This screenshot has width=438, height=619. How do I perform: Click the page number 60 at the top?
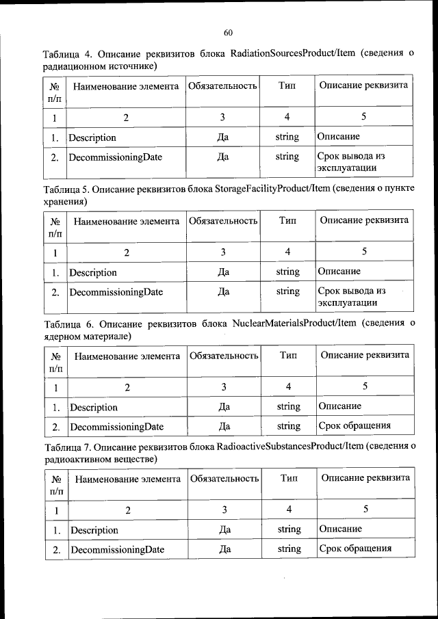(x=229, y=32)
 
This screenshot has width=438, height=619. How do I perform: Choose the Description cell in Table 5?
(x=92, y=272)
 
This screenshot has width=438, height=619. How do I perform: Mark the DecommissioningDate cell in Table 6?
(x=116, y=426)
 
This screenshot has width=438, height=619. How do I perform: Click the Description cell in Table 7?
(x=94, y=529)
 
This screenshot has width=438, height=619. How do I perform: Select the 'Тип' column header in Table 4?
(x=287, y=85)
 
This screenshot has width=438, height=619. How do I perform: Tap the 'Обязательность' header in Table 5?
(x=222, y=221)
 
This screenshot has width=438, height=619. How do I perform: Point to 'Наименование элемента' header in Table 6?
(x=127, y=356)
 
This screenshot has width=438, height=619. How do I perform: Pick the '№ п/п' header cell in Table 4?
(x=54, y=92)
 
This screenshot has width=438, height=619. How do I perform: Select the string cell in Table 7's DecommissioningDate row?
(x=289, y=549)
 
